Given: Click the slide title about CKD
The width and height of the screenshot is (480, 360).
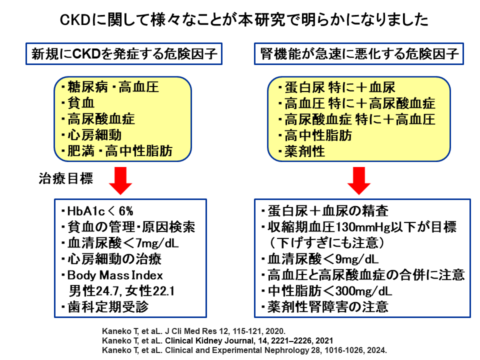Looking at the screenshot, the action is coord(244,20).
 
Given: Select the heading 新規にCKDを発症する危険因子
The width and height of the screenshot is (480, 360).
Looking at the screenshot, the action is coord(124,54).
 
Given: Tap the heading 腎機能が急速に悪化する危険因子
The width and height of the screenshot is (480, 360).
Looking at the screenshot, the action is coord(359,54).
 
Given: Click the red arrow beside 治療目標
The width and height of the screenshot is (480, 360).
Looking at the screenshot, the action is coord(120,180).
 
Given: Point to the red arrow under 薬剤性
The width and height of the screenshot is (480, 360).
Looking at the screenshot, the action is coord(359,180).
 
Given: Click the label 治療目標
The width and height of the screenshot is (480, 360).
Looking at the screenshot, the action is coord(65,178).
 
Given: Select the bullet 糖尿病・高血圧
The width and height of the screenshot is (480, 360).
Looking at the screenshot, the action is coord(110,87).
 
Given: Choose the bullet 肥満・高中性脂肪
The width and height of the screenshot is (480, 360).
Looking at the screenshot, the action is coord(116,151).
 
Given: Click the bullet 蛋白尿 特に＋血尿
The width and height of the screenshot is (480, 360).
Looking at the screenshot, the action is coord(336,87).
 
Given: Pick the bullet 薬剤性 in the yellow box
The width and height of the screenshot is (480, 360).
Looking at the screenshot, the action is coord(301,151).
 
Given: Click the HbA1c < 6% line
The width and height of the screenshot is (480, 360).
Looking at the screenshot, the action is coord(97,211).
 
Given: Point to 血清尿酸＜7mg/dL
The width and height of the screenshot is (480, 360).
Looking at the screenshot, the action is coord(119,243).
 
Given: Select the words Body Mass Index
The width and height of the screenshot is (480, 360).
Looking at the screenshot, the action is coord(115,275).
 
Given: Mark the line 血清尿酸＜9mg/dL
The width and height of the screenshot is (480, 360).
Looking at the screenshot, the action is coord(320,259).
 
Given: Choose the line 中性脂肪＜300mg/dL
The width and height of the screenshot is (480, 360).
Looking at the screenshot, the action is coord(326,291).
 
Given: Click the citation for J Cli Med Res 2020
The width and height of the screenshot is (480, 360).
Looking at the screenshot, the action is coord(193,331).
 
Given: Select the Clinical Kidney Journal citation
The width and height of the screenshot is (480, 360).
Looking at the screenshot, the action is coord(217,340).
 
